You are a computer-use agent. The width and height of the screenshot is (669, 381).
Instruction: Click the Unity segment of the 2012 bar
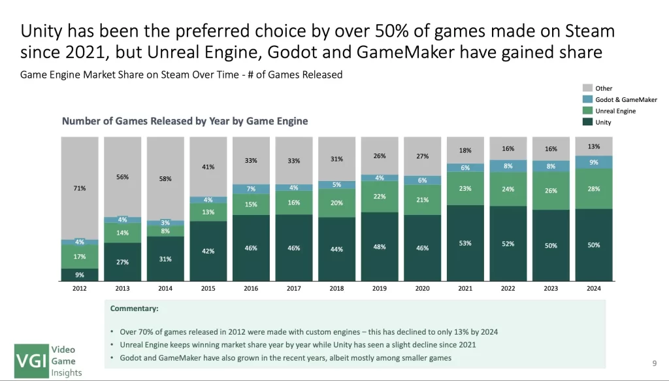(80, 274)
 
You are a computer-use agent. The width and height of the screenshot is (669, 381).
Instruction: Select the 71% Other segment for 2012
(80, 188)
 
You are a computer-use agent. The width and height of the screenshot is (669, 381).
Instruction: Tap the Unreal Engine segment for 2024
(594, 189)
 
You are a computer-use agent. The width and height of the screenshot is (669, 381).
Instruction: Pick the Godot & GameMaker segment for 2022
(508, 166)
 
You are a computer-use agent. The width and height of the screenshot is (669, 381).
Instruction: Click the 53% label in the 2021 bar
(465, 243)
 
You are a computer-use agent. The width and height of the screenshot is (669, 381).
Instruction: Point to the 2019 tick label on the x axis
(380, 288)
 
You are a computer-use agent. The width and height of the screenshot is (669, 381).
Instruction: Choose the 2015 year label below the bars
(208, 288)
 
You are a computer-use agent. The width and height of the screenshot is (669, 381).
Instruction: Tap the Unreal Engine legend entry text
(615, 111)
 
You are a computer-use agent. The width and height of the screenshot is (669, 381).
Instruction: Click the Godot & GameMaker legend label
(626, 99)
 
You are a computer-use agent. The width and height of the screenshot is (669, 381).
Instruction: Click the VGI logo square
(31, 361)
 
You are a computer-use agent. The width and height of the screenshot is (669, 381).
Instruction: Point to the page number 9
(654, 363)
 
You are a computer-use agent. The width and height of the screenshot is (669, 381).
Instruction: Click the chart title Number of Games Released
(185, 121)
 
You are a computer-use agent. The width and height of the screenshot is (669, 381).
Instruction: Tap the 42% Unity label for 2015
(208, 251)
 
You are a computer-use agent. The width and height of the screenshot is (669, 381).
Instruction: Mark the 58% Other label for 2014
(165, 178)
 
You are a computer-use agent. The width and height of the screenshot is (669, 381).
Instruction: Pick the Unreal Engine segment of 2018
(337, 203)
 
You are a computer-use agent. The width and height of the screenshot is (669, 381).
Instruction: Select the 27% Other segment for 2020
(423, 156)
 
